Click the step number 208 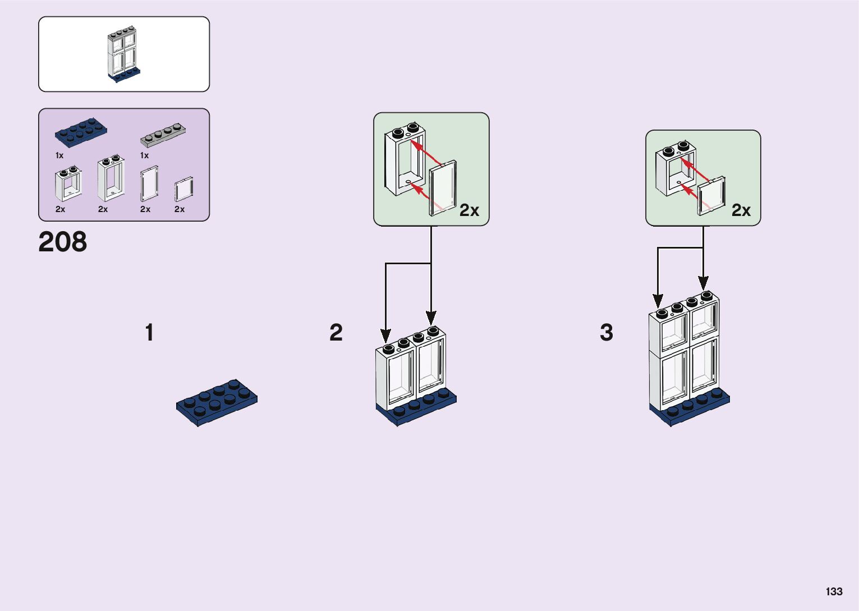pyautogui.click(x=63, y=242)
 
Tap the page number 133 pyautogui.click(x=834, y=591)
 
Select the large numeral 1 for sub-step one pyautogui.click(x=149, y=332)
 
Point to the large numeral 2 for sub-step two pyautogui.click(x=336, y=332)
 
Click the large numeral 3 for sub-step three pyautogui.click(x=606, y=332)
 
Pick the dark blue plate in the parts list pyautogui.click(x=81, y=132)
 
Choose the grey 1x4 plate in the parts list pyautogui.click(x=163, y=134)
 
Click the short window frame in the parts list pyautogui.click(x=68, y=183)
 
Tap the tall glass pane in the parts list pyautogui.click(x=149, y=183)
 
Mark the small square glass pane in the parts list pyautogui.click(x=183, y=189)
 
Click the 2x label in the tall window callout pyautogui.click(x=469, y=210)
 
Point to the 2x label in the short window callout pyautogui.click(x=741, y=210)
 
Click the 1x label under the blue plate pyautogui.click(x=59, y=155)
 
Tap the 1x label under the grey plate pyautogui.click(x=144, y=155)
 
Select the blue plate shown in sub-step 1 pyautogui.click(x=217, y=402)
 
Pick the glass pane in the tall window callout pyautogui.click(x=443, y=189)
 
